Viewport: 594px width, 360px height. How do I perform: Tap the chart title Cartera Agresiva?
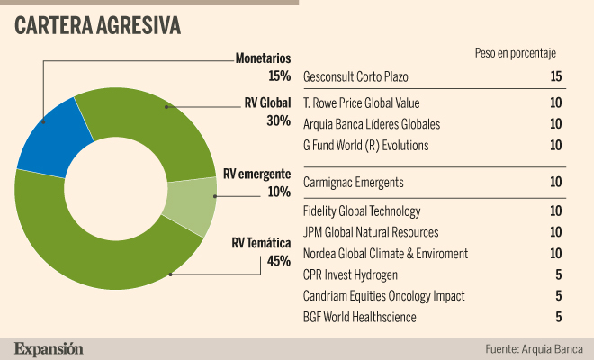[x=97, y=26]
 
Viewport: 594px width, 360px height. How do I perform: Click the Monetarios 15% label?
[x=263, y=67]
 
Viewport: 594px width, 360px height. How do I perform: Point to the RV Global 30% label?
[x=267, y=112]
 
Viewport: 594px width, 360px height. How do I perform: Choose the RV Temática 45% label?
[x=261, y=252]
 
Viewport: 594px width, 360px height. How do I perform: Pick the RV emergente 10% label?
[x=256, y=183]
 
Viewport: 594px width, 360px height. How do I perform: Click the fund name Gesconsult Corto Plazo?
[x=355, y=76]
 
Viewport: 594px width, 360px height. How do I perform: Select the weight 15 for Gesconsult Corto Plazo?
[x=556, y=76]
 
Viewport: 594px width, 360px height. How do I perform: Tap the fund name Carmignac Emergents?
[x=354, y=183]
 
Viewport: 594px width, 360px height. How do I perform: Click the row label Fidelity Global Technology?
[x=362, y=211]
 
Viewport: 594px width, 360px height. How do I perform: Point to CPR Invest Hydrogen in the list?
[x=350, y=275]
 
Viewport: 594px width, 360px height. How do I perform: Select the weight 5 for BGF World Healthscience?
[x=559, y=317]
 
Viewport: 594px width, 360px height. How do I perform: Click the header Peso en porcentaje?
[x=516, y=53]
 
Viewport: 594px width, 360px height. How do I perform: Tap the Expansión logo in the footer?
[x=49, y=348]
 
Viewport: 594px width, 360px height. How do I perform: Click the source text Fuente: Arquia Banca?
[x=534, y=348]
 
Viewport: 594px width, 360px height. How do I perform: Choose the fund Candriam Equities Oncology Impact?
[x=383, y=296]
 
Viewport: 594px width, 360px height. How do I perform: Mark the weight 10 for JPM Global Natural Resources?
[x=556, y=232]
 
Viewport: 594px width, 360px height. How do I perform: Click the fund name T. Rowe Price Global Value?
[x=362, y=103]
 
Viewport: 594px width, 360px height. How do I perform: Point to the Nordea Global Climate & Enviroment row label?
[x=385, y=254]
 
